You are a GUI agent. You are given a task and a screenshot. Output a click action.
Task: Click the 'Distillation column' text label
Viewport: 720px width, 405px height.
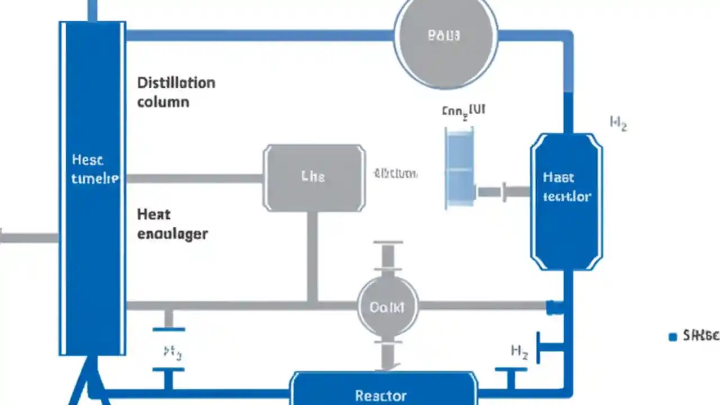pos(175,92)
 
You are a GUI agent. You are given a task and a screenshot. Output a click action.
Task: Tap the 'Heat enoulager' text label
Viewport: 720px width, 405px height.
pos(172,224)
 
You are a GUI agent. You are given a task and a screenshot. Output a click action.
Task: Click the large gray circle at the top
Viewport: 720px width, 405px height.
pos(445,36)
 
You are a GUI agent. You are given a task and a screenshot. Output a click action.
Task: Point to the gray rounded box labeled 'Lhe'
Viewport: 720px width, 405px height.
pos(314,178)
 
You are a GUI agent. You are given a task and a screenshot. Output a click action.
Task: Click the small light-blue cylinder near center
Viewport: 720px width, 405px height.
pos(460,166)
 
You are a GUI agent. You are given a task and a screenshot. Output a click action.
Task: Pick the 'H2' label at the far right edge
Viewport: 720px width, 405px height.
pos(618,123)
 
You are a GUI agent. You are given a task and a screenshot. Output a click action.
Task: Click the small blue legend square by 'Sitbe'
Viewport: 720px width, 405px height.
pos(672,337)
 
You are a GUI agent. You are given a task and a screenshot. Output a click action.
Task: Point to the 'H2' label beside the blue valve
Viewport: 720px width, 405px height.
pos(519,353)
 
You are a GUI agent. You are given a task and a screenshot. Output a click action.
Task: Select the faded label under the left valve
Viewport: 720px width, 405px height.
pos(172,353)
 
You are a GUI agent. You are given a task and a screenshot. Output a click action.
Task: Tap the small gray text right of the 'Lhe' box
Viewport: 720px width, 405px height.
pos(395,173)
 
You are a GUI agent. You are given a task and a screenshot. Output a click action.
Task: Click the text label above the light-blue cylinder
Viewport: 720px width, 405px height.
pos(463,111)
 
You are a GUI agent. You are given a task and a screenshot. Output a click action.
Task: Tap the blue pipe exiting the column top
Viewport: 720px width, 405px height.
pos(92,10)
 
